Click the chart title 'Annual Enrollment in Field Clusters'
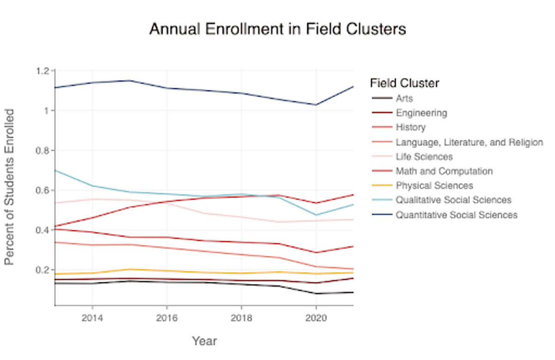click(x=277, y=29)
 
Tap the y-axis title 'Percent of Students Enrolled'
click(x=9, y=187)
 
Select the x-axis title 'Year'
click(x=204, y=341)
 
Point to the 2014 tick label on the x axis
click(x=92, y=318)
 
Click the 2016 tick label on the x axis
click(x=166, y=318)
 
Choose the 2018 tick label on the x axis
click(x=241, y=318)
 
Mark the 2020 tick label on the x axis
click(x=315, y=318)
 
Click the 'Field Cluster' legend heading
click(x=404, y=83)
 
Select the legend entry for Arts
click(x=404, y=99)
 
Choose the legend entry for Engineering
click(x=421, y=113)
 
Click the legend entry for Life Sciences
click(x=424, y=157)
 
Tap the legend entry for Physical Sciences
click(x=434, y=186)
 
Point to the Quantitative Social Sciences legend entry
click(x=456, y=215)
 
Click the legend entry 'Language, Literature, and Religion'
click(x=469, y=142)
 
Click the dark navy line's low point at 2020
click(x=315, y=105)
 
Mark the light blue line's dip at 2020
click(x=315, y=215)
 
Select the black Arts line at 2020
click(x=315, y=293)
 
